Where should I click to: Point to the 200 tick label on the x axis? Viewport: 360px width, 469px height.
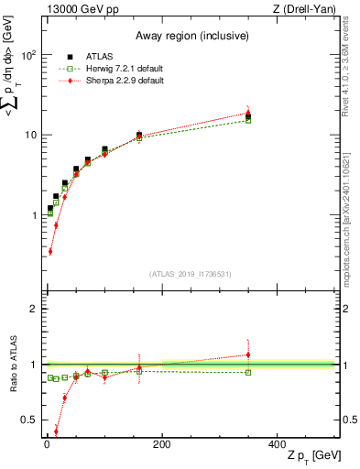[162, 442]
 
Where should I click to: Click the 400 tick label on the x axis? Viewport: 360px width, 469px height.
[278, 442]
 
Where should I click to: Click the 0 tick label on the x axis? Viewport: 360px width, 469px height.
[47, 442]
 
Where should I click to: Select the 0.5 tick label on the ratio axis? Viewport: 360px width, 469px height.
[27, 420]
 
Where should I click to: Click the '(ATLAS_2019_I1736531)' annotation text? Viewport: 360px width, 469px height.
[191, 273]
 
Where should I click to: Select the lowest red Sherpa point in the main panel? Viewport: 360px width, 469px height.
[49, 251]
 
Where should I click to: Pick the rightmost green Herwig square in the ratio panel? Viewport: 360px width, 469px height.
[248, 372]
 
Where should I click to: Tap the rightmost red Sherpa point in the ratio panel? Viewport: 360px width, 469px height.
[248, 354]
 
